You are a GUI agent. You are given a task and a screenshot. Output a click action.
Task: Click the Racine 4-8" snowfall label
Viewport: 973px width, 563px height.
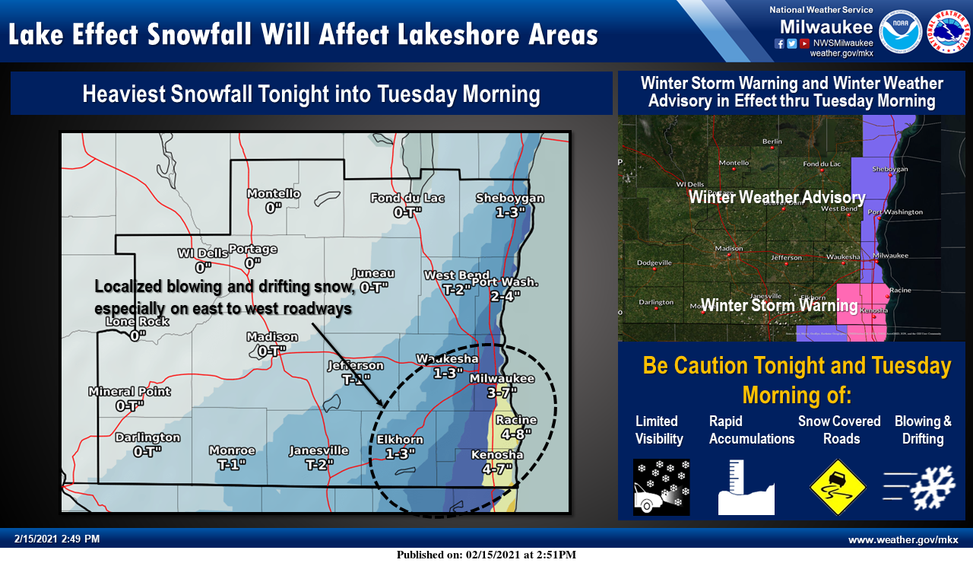click(x=516, y=427)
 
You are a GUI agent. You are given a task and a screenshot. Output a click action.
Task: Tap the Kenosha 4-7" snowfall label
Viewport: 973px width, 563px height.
click(x=502, y=462)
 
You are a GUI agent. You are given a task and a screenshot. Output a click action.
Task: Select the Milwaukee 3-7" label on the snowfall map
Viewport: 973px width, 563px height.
click(x=502, y=385)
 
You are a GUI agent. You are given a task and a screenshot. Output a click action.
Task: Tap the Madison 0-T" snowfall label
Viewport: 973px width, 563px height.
click(x=272, y=344)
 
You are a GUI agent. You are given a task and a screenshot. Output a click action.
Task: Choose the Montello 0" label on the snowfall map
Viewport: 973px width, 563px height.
click(x=274, y=200)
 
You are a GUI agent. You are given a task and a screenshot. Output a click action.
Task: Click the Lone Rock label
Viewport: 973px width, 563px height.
click(x=138, y=328)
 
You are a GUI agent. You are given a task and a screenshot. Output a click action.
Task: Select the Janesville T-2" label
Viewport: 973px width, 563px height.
click(x=319, y=456)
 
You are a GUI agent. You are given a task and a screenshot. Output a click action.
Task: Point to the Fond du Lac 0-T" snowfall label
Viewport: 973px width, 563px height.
click(x=407, y=205)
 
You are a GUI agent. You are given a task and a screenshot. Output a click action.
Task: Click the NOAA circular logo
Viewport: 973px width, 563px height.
click(x=901, y=31)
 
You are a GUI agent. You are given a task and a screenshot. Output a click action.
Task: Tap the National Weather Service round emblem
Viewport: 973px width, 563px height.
click(x=948, y=31)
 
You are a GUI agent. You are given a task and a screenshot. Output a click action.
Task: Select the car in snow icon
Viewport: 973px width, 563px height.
click(x=661, y=487)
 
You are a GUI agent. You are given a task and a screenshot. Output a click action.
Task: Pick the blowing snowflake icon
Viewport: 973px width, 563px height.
click(x=922, y=487)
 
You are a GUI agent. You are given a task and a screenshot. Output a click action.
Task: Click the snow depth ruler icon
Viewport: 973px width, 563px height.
click(x=746, y=487)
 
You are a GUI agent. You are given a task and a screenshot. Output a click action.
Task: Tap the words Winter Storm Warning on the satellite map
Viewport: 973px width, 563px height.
click(x=779, y=306)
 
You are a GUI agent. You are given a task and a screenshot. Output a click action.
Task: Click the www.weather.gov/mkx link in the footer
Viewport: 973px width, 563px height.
click(x=903, y=539)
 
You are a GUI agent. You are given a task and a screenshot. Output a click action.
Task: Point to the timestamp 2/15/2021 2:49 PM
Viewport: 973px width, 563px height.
click(x=57, y=539)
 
